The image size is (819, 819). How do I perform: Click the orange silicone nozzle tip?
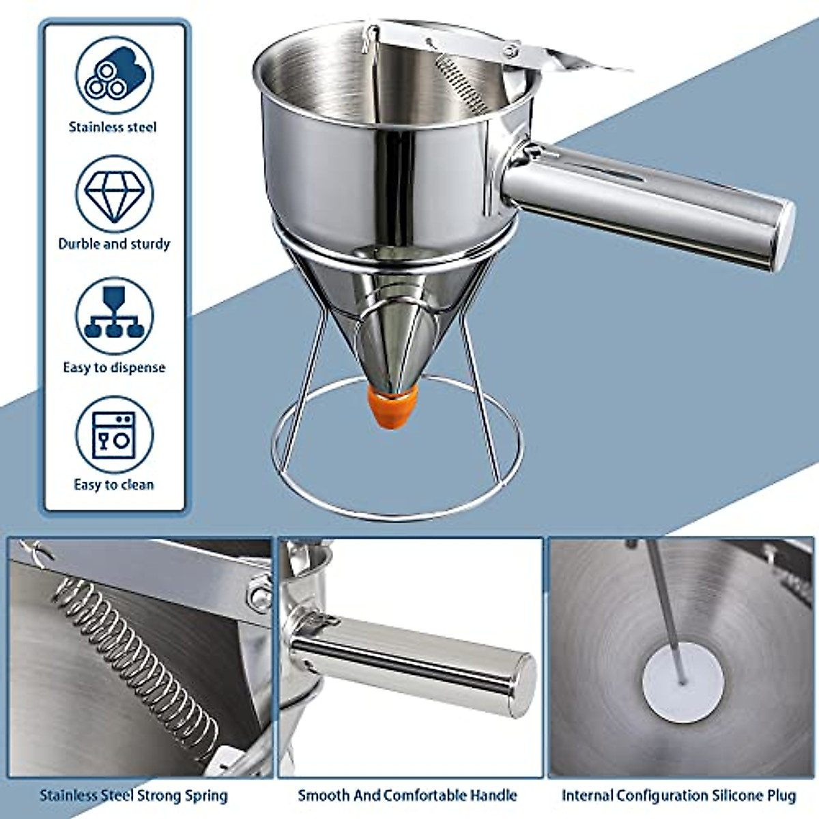pyautogui.click(x=392, y=406)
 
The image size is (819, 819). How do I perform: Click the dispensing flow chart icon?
pyautogui.click(x=114, y=315)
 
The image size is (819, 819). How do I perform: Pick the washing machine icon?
pyautogui.click(x=114, y=435)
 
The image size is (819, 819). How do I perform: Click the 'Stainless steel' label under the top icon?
pyautogui.click(x=113, y=127)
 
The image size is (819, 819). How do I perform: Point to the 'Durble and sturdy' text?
pyautogui.click(x=114, y=244)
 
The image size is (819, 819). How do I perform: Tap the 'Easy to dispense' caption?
pyautogui.click(x=114, y=367)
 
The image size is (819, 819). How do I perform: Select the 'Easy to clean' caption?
pyautogui.click(x=114, y=485)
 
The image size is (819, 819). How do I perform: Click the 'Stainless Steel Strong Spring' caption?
pyautogui.click(x=133, y=795)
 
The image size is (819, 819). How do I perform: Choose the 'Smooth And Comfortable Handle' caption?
pyautogui.click(x=407, y=795)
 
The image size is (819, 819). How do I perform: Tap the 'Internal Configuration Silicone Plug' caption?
pyautogui.click(x=678, y=795)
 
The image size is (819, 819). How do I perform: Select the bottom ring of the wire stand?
pyautogui.click(x=396, y=515)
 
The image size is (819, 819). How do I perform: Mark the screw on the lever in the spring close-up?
pyautogui.click(x=260, y=594)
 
